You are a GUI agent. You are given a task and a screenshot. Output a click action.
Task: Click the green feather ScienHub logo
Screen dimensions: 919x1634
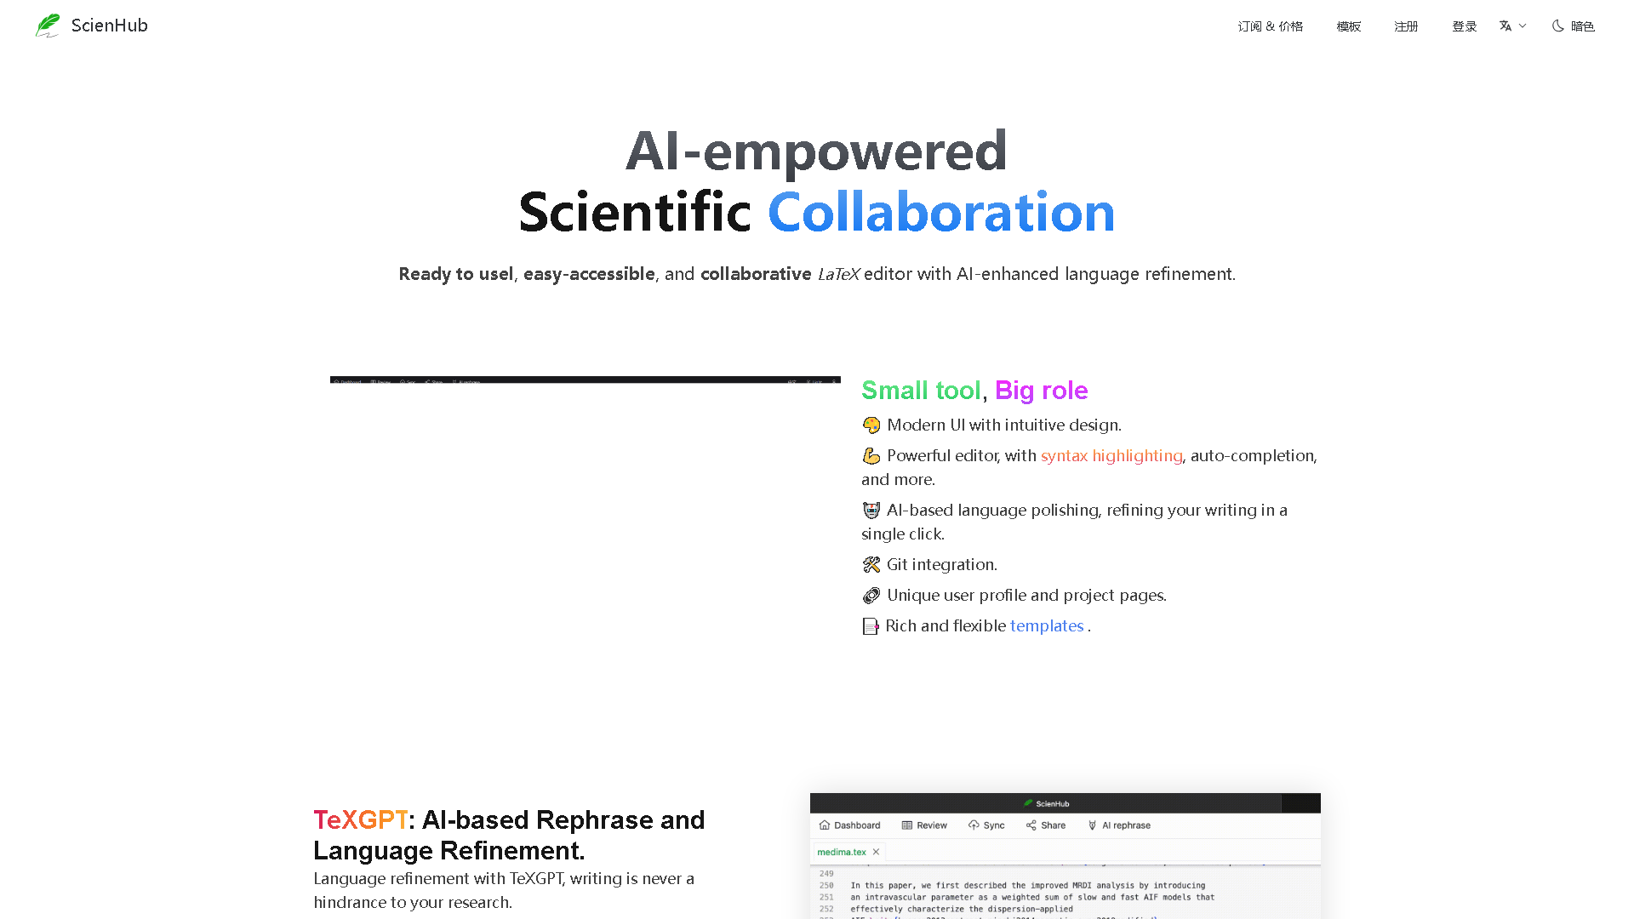pos(48,26)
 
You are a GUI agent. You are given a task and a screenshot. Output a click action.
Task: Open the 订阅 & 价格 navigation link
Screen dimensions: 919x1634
pos(1270,26)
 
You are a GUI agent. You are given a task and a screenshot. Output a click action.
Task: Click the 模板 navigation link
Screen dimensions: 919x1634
pos(1348,26)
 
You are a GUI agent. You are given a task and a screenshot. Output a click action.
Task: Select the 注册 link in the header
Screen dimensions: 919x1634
pos(1406,26)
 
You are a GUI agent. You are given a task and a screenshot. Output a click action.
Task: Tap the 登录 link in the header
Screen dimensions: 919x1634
pos(1464,26)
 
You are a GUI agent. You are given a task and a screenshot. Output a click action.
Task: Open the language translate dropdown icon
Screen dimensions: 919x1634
pos(1512,26)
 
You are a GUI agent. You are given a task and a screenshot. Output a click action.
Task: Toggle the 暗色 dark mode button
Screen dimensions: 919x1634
pos(1573,26)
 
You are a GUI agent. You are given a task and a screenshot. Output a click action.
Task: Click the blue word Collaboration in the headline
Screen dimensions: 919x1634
pos(940,212)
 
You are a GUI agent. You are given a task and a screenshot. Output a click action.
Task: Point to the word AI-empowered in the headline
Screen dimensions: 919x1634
pos(816,151)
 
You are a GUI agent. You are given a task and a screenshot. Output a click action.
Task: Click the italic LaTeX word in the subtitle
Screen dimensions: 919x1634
pos(838,274)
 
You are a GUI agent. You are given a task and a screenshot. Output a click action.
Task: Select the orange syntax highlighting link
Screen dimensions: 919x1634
pos(1111,455)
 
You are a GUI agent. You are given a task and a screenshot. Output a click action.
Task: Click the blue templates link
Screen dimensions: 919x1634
pos(1046,625)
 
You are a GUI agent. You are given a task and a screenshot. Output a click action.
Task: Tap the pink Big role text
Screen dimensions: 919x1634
pos(1041,390)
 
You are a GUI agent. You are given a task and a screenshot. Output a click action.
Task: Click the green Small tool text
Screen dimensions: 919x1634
pos(921,390)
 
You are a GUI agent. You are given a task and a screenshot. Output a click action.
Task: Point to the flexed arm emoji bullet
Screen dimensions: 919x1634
pos(871,456)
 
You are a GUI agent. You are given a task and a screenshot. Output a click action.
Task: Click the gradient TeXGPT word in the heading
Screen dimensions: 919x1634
pos(360,819)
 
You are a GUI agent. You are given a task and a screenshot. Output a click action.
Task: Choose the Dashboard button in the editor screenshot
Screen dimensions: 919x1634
pos(849,825)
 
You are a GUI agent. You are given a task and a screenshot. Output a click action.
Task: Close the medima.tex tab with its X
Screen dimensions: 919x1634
pos(876,852)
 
